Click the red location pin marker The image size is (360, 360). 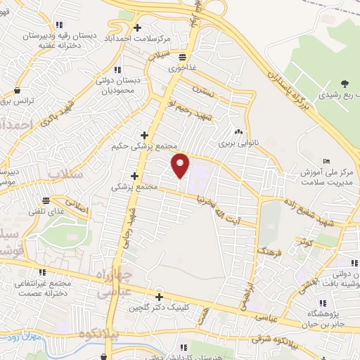tap(181, 165)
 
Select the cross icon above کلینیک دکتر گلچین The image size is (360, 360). tap(159, 297)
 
